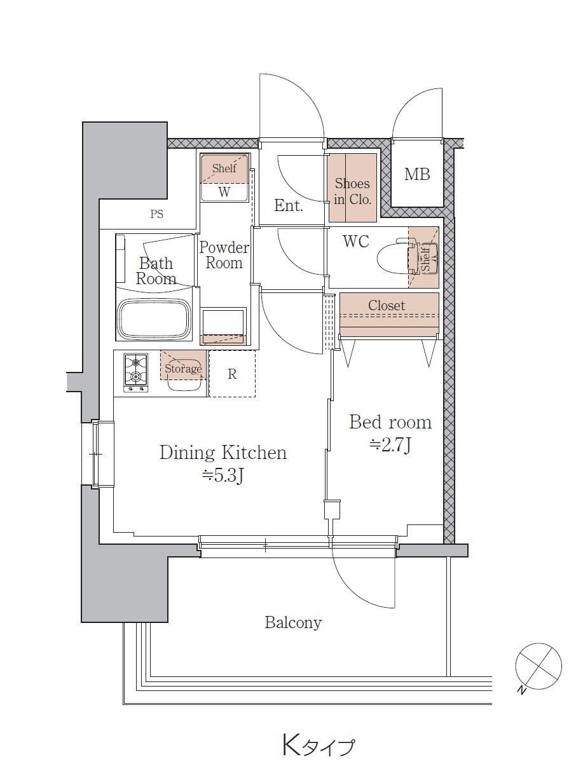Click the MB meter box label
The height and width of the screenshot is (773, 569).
tap(417, 174)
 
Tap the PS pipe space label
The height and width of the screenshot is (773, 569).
tap(156, 214)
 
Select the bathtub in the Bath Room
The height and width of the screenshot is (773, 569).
tap(154, 320)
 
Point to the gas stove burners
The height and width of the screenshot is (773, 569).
tap(136, 373)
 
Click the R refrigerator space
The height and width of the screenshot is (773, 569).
tap(232, 374)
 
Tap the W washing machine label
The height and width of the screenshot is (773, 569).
tap(224, 192)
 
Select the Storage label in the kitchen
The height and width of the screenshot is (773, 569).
tap(183, 368)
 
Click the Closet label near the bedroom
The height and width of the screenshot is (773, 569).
tap(387, 305)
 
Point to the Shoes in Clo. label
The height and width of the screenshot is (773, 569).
tap(352, 191)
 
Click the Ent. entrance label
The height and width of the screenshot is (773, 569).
tap(289, 206)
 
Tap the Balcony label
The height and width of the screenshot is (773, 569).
tap(293, 623)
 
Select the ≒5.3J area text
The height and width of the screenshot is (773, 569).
tap(223, 476)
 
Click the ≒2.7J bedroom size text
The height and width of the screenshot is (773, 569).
tap(390, 446)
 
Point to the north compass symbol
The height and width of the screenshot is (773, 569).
tap(538, 666)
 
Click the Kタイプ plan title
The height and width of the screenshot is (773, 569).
tap(318, 745)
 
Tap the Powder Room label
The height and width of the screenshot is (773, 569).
tap(224, 255)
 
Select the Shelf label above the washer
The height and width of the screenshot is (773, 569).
tap(224, 168)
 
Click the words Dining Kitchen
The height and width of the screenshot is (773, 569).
tap(223, 453)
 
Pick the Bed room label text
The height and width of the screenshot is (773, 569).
tap(390, 422)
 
